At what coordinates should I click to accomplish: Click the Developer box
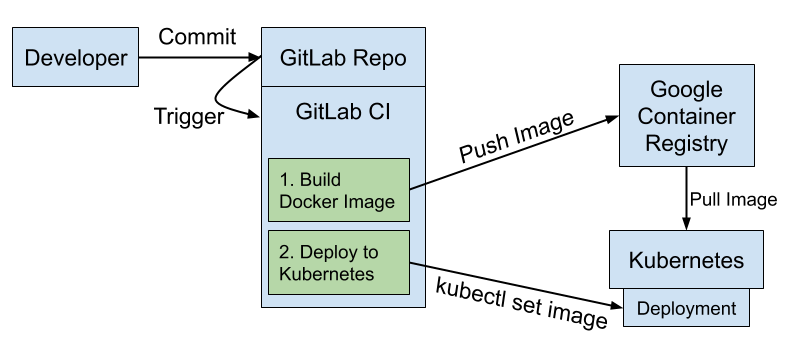click(76, 58)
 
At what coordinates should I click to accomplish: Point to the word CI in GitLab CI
click(379, 110)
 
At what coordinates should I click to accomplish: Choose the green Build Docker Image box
click(339, 190)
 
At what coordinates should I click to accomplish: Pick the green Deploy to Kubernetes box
click(339, 262)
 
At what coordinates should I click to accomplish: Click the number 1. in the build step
click(288, 180)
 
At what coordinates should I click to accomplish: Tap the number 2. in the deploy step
click(288, 252)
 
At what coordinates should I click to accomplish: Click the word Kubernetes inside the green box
click(327, 274)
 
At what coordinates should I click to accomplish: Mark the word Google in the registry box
click(686, 90)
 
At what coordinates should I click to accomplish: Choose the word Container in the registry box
click(686, 116)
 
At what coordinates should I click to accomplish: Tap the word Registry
click(686, 143)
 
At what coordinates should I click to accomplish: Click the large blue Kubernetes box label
click(686, 261)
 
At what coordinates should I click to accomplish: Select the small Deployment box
click(686, 309)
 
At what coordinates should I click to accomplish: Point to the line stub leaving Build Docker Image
click(419, 184)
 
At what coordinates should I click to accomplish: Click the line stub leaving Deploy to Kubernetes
click(419, 264)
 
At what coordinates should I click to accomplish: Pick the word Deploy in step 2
click(327, 252)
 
